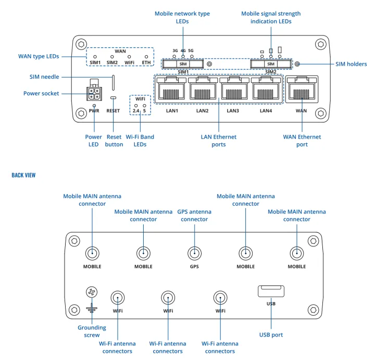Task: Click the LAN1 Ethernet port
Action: (172, 90)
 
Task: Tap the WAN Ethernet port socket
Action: (301, 90)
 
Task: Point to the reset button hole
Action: (113, 98)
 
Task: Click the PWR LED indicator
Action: (94, 105)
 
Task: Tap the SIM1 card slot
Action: (183, 64)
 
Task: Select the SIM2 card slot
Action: (270, 64)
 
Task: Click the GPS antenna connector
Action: (195, 254)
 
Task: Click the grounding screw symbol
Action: (92, 293)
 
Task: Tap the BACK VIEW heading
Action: (23, 175)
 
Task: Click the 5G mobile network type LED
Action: (192, 56)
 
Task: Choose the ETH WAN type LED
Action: (146, 56)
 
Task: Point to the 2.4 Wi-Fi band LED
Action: (135, 105)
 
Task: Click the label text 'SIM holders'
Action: (351, 64)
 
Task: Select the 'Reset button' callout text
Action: (114, 141)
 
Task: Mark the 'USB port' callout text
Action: (271, 334)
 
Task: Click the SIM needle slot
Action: (113, 82)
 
